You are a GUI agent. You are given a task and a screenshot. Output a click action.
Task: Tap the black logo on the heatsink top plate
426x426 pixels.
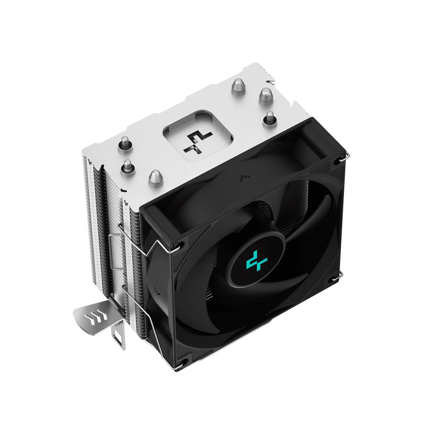(197, 142)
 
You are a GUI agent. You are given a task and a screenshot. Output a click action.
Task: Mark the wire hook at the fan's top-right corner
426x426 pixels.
(342, 158)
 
